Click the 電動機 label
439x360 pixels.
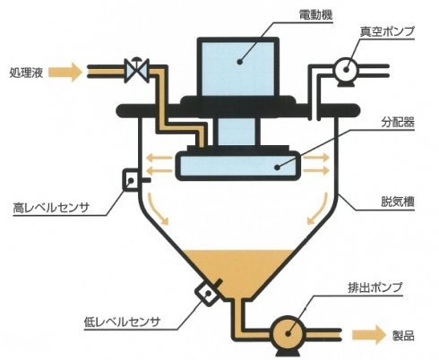(x=315, y=14)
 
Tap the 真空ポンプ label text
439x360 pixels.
(x=387, y=31)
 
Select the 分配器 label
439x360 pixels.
(x=398, y=122)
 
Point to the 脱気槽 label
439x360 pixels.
(x=398, y=201)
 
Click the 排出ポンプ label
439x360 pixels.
(x=375, y=287)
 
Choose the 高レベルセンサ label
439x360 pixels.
(x=51, y=208)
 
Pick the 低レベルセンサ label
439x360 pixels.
(x=123, y=321)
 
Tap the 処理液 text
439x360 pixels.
(x=26, y=73)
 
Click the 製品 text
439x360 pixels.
(x=403, y=336)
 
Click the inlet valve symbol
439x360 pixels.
(x=137, y=71)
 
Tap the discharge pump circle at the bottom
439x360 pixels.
(x=288, y=333)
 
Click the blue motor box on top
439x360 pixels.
(x=238, y=68)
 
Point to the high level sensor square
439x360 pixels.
(x=131, y=179)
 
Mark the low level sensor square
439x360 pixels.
(x=207, y=294)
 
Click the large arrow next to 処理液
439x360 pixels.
(x=65, y=73)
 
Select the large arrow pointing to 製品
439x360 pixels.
(x=369, y=335)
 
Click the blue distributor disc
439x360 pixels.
(x=238, y=166)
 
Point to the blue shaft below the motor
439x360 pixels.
(x=237, y=132)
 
